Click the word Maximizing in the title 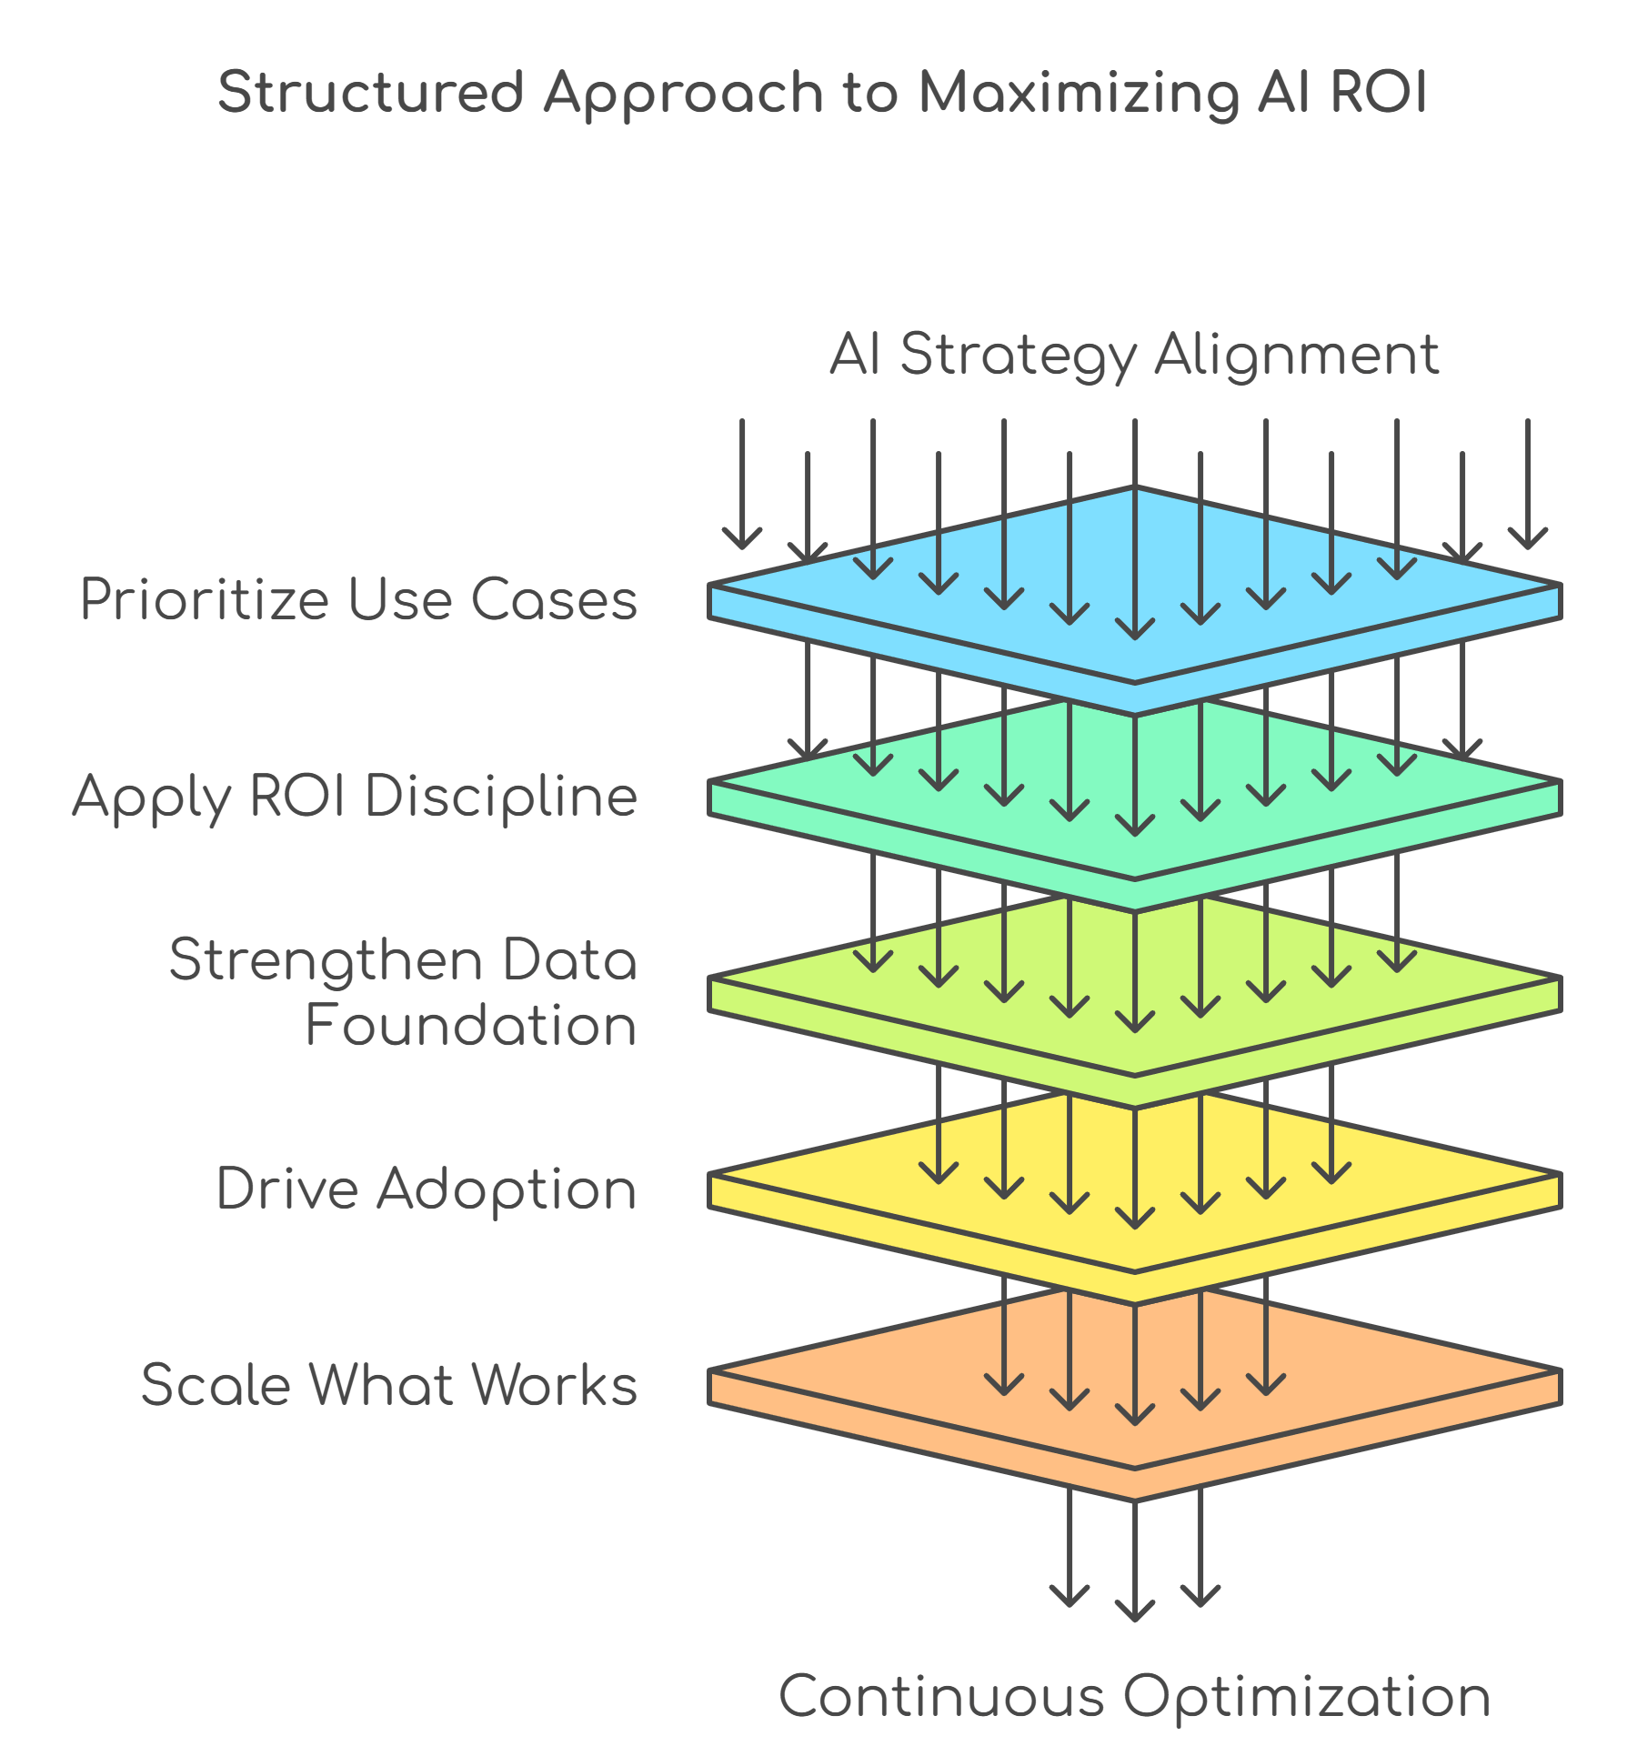coord(1078,93)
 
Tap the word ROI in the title coord(1379,93)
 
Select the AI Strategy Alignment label coord(1134,354)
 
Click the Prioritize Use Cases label coord(358,599)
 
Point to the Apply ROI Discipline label coord(355,797)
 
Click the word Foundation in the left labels coord(470,1026)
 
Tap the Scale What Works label coord(389,1385)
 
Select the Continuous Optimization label coord(1134,1696)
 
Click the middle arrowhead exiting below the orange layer coord(1135,1611)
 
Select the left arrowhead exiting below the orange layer coord(1070,1596)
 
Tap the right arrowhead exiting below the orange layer coord(1200,1596)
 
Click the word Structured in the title coord(370,93)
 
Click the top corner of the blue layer coord(1134,489)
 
